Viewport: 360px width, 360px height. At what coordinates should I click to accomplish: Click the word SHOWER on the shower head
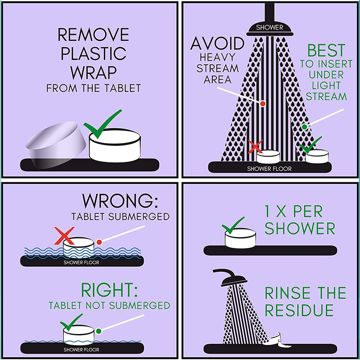tap(270, 27)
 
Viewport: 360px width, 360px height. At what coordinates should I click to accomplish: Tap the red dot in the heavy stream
tap(263, 103)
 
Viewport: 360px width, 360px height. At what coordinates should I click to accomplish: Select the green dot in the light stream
tap(305, 127)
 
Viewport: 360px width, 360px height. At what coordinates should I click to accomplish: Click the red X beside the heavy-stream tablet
tap(255, 147)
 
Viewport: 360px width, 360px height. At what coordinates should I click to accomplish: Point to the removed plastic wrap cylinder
tap(56, 144)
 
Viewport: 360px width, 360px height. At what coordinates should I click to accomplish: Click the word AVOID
tap(217, 43)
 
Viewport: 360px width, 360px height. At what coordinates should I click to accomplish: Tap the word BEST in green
tap(326, 50)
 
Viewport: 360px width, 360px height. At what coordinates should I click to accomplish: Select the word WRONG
tap(120, 201)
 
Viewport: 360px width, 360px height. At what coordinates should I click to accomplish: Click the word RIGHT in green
tap(109, 290)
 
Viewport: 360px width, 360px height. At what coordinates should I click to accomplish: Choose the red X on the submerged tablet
tap(64, 235)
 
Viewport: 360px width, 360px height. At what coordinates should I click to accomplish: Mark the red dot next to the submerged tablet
tap(99, 242)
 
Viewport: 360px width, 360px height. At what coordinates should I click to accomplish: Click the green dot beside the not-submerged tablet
tap(99, 331)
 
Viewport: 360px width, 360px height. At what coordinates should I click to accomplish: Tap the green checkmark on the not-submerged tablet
tap(71, 322)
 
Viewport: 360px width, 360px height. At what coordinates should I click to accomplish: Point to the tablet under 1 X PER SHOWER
tap(240, 238)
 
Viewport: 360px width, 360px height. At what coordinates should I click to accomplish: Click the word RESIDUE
tap(299, 310)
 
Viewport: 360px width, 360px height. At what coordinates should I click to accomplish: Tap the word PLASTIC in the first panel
tap(94, 53)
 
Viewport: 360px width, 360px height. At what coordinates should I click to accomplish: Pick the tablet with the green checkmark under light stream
tap(317, 156)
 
